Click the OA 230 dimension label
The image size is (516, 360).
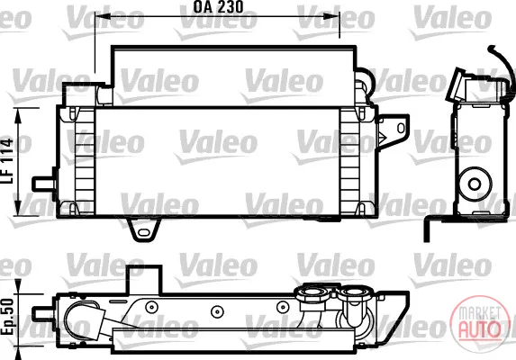pos(218,7)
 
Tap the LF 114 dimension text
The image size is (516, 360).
pos(7,161)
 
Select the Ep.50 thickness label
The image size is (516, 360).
pos(7,317)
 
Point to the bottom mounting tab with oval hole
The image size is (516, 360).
pos(144,229)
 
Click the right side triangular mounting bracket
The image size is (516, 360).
pos(393,131)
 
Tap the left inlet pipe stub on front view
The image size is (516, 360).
pos(44,184)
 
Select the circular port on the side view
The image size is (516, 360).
pos(475,184)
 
